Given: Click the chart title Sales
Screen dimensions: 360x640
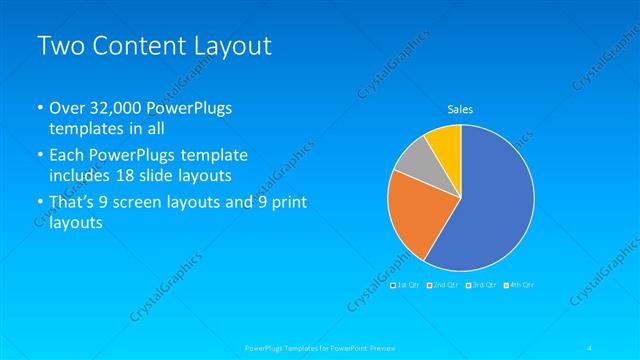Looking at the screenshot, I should (x=459, y=109).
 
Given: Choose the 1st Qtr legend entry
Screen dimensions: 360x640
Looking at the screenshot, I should (x=406, y=285).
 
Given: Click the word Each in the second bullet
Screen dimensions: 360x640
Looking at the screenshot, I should (x=67, y=156).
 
